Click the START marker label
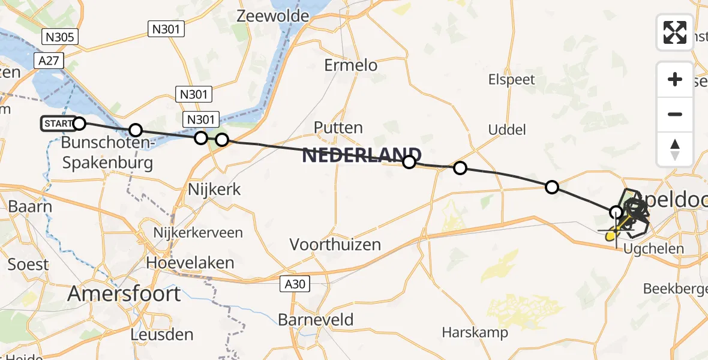click(59, 124)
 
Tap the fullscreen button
click(675, 32)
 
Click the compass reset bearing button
click(675, 149)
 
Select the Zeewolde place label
click(272, 16)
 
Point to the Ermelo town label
click(351, 65)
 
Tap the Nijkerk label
click(214, 190)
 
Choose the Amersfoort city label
click(124, 294)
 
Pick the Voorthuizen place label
click(335, 244)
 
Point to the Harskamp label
click(475, 332)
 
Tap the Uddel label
click(507, 130)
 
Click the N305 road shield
click(60, 37)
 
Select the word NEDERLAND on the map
click(361, 155)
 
